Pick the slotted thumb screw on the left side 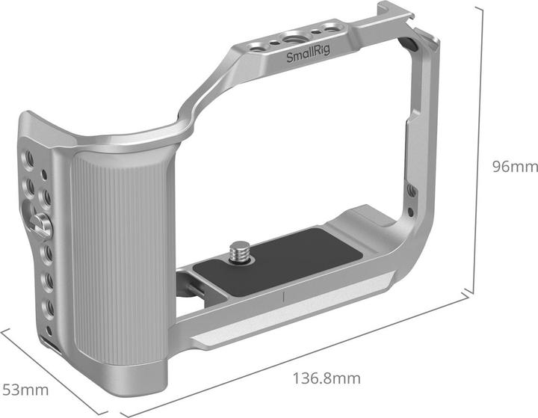pos(42,222)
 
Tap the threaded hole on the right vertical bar pos(410,191)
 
